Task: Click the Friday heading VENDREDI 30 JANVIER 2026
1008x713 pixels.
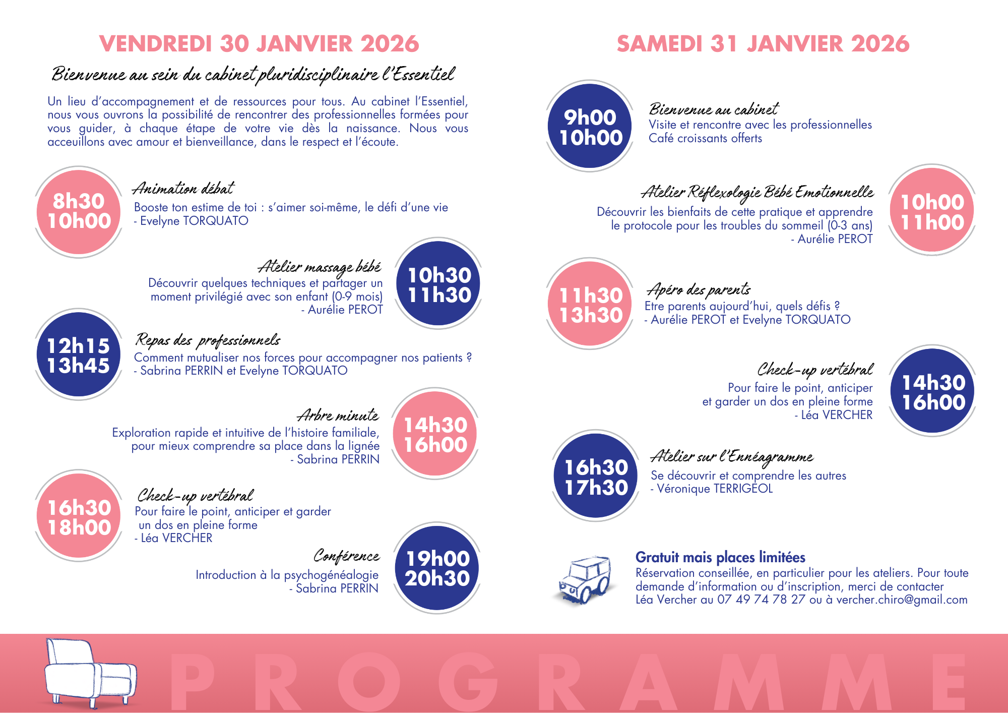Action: coord(259,44)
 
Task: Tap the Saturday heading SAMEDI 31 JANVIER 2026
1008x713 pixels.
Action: coord(763,44)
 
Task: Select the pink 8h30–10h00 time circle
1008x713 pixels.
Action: coord(79,211)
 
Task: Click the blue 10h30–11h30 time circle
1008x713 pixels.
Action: coord(438,285)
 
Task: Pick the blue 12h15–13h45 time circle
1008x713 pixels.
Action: coord(79,355)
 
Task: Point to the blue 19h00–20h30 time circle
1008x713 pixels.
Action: coord(437,568)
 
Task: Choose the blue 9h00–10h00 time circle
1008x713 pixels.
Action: coord(590,127)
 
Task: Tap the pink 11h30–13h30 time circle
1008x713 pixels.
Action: coord(590,305)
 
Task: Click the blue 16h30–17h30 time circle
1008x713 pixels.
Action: coord(596,477)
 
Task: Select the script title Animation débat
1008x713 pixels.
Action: coord(183,189)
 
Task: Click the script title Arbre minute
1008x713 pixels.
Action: coord(338,415)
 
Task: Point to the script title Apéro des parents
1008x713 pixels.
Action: coord(699,290)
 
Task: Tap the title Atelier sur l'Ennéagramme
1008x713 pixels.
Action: coord(732,457)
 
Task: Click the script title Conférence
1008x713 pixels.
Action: coord(346,556)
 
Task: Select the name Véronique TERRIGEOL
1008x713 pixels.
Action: coord(714,489)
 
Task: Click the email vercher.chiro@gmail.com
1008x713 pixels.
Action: coord(902,600)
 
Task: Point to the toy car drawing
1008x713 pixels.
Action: coord(585,580)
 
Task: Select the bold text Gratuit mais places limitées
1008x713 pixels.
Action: coord(720,557)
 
